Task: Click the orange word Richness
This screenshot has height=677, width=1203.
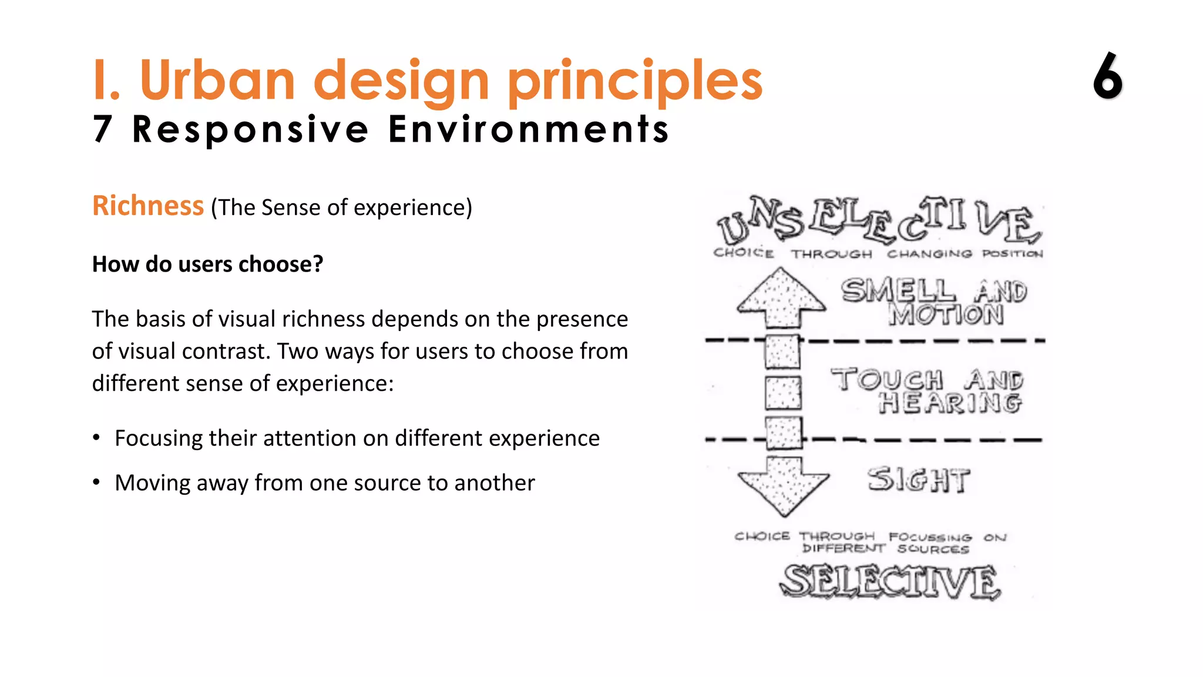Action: (x=148, y=206)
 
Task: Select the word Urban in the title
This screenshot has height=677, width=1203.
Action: (x=217, y=81)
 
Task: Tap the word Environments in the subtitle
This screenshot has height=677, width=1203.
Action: (x=529, y=129)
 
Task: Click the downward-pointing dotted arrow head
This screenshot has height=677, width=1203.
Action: (x=783, y=488)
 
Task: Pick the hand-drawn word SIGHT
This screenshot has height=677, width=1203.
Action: (x=918, y=480)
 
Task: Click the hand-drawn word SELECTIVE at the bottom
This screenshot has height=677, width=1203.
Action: (x=890, y=581)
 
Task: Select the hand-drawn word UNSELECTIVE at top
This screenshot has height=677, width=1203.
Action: (x=879, y=221)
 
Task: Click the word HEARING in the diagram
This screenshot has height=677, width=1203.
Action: (x=950, y=403)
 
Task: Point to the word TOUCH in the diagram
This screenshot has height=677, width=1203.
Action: (x=886, y=379)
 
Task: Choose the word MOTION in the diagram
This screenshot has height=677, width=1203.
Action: (x=946, y=316)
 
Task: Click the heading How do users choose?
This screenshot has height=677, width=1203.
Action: (x=207, y=264)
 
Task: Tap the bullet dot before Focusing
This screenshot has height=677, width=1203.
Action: (x=96, y=438)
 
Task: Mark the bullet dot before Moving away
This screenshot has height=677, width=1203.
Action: (x=96, y=482)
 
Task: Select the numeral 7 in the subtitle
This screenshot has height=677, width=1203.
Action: (x=102, y=129)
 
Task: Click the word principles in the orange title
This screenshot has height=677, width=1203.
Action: (x=634, y=81)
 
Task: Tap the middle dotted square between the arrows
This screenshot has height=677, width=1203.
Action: (x=783, y=393)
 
